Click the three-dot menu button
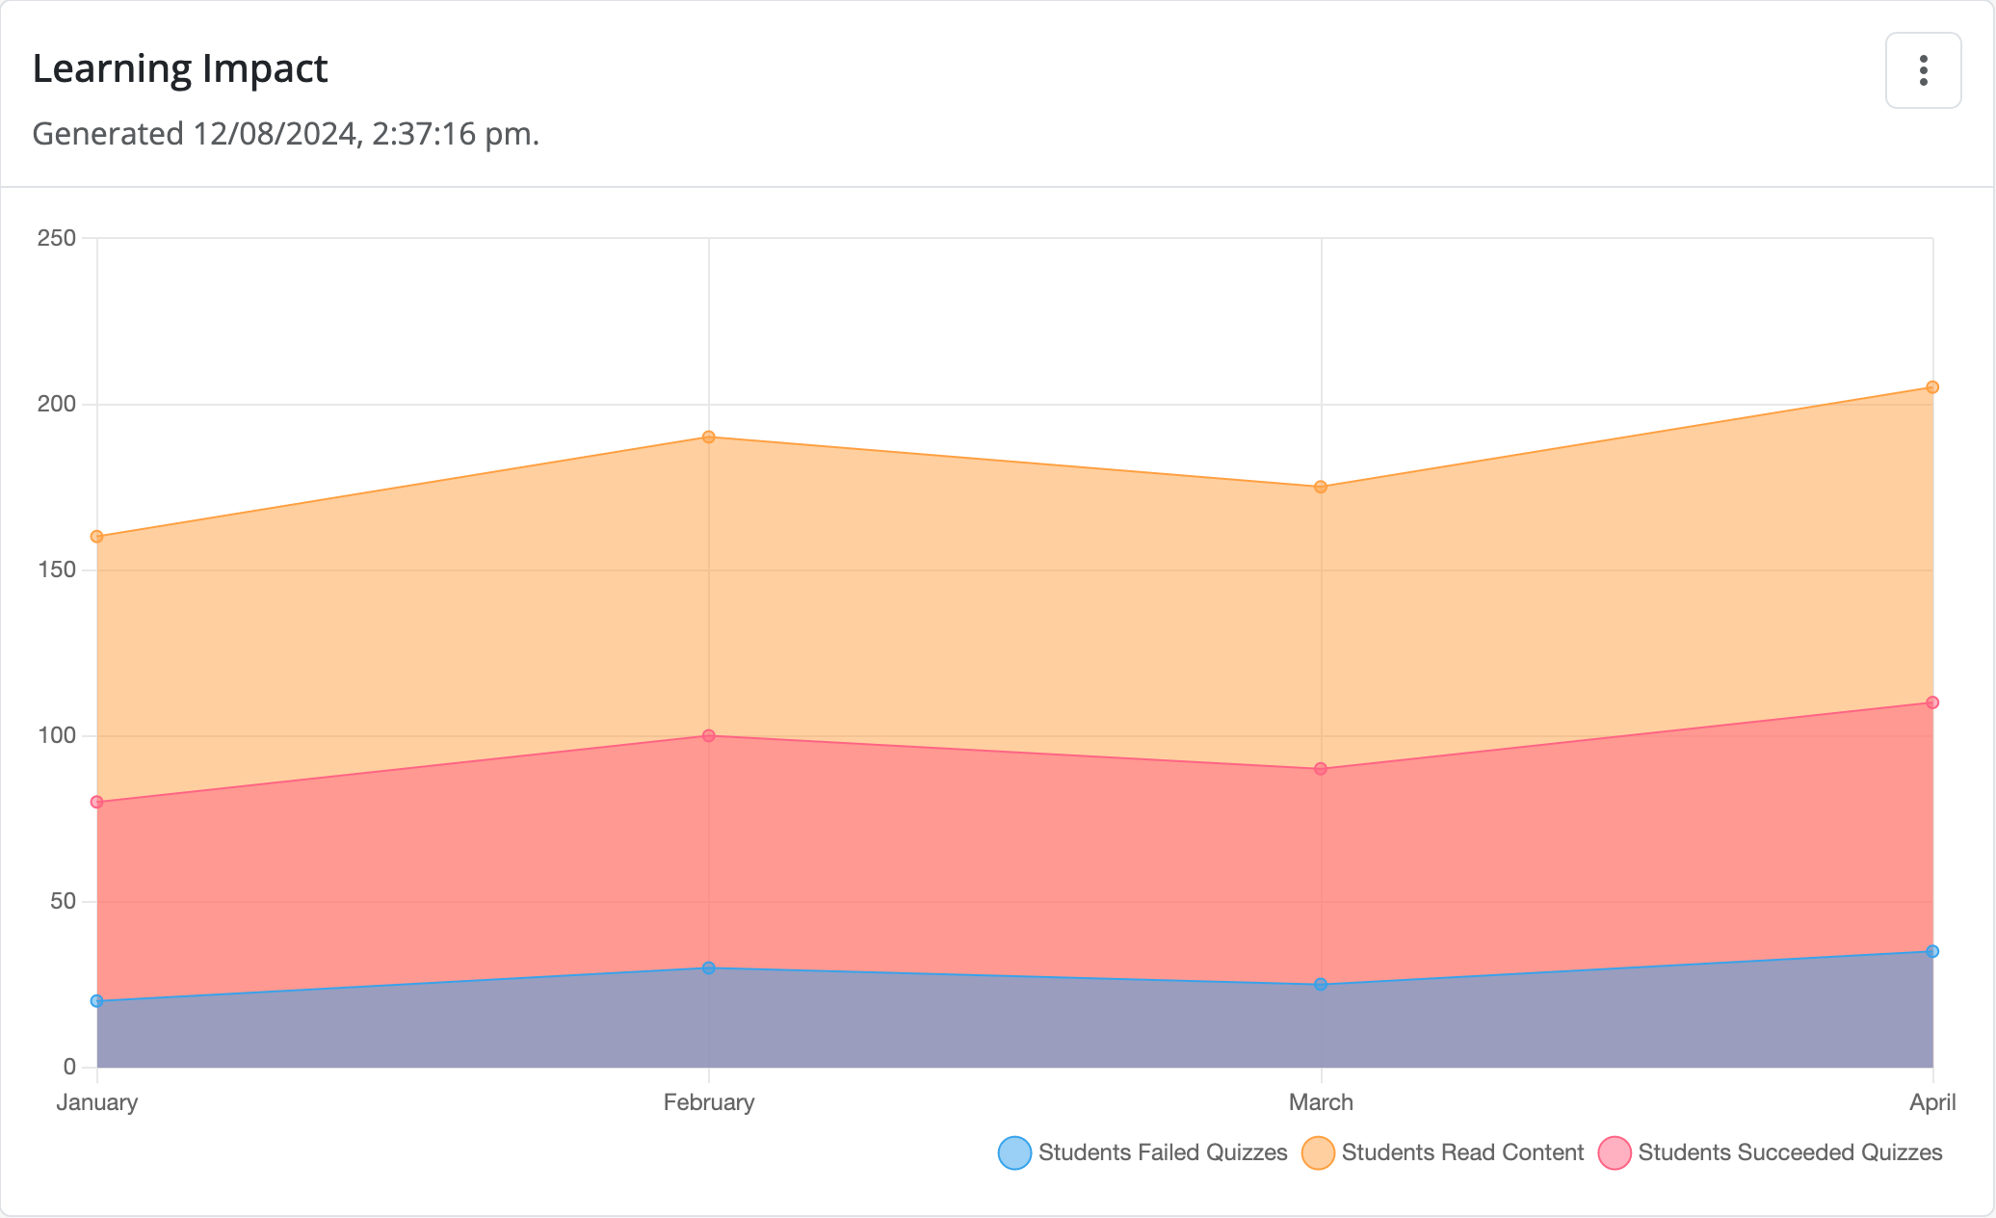[x=1923, y=70]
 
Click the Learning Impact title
[x=180, y=69]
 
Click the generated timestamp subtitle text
[x=285, y=134]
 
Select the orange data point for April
[x=1931, y=387]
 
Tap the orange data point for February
[x=708, y=437]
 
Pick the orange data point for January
[x=97, y=537]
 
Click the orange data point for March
[x=1321, y=488]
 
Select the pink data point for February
[x=708, y=736]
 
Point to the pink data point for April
[x=1931, y=702]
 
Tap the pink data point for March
[x=1321, y=769]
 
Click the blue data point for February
[x=708, y=968]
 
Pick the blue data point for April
[x=1931, y=952]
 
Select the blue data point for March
[x=1321, y=985]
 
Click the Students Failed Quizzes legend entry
[x=1143, y=1153]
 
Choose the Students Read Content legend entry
[x=1443, y=1153]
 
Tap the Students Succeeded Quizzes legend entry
[x=1771, y=1153]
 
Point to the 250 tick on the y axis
[x=57, y=238]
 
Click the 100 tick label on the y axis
[x=57, y=736]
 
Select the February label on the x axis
[x=708, y=1102]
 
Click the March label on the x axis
[x=1321, y=1102]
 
